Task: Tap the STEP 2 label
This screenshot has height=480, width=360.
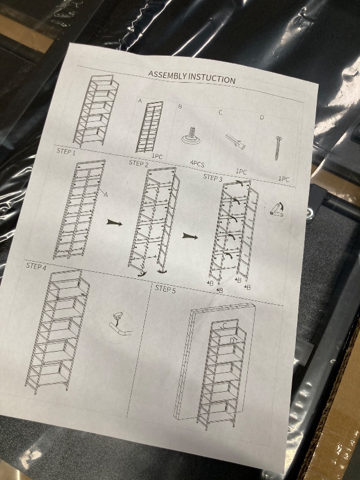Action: click(139, 163)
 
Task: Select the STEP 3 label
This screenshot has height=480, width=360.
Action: click(212, 178)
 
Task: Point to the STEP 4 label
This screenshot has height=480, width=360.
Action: click(36, 265)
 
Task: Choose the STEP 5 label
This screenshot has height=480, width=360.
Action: click(166, 288)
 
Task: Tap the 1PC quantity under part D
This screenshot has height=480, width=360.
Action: click(284, 179)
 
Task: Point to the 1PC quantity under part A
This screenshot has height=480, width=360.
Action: click(157, 156)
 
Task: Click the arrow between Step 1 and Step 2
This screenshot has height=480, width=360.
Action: click(113, 223)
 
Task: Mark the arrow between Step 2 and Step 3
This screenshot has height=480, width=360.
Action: click(190, 236)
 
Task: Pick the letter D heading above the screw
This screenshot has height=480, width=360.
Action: click(262, 118)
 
